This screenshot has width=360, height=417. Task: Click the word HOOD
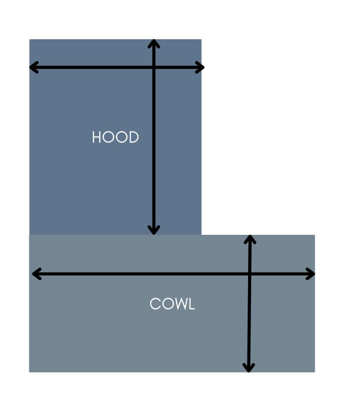pyautogui.click(x=116, y=137)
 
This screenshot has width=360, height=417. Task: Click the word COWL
pyautogui.click(x=172, y=304)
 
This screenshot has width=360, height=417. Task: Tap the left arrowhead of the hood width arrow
pyautogui.click(x=32, y=67)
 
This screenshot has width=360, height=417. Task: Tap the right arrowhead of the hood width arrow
pyautogui.click(x=202, y=67)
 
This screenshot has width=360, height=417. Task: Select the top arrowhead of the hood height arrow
pyautogui.click(x=154, y=41)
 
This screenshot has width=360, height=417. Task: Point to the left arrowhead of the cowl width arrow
pyautogui.click(x=35, y=274)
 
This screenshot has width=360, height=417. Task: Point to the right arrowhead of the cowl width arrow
pyautogui.click(x=312, y=274)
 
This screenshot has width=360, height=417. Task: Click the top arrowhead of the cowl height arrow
pyautogui.click(x=250, y=238)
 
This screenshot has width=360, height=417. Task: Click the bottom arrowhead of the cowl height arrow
pyautogui.click(x=249, y=368)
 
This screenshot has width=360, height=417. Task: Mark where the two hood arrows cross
pyautogui.click(x=154, y=67)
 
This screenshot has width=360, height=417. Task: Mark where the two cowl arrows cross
pyautogui.click(x=250, y=274)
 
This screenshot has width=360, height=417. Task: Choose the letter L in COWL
pyautogui.click(x=191, y=304)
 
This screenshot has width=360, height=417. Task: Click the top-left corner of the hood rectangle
pyautogui.click(x=30, y=40)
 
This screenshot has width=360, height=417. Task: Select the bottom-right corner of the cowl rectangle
pyautogui.click(x=314, y=372)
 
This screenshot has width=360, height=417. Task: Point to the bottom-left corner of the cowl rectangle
pyautogui.click(x=29, y=372)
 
